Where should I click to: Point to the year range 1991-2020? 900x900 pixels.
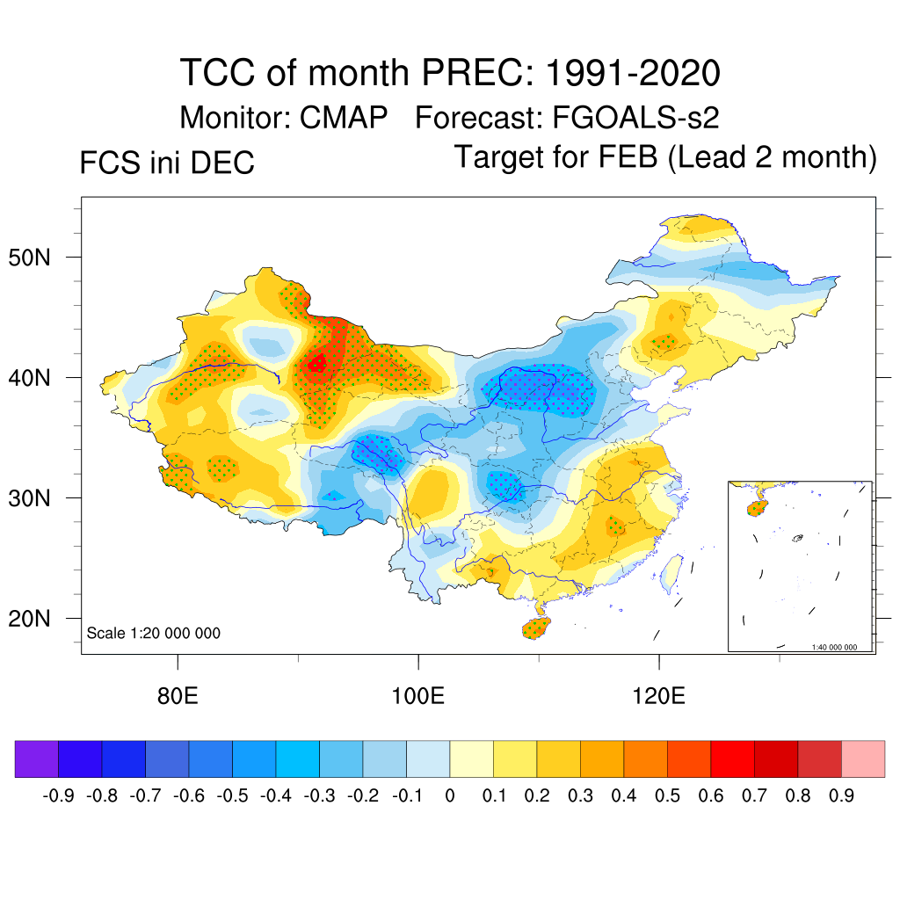click(x=633, y=73)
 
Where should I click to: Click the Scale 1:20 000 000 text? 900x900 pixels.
click(x=154, y=633)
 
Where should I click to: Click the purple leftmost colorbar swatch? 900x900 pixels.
click(x=37, y=758)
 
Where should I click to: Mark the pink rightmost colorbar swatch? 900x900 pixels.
click(x=863, y=758)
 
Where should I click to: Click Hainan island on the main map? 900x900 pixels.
click(x=534, y=628)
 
